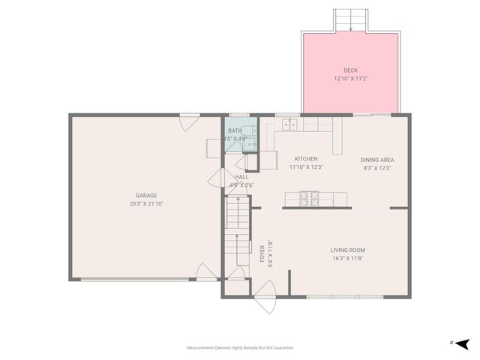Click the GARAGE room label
[x=146, y=196]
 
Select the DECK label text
[x=351, y=70]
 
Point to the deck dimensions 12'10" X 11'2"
[x=351, y=78]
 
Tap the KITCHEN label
[x=306, y=159]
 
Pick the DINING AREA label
[x=377, y=160]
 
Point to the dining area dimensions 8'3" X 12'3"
[x=377, y=168]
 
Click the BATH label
[x=235, y=130]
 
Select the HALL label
[x=241, y=177]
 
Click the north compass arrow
[x=462, y=343]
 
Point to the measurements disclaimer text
[x=240, y=348]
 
